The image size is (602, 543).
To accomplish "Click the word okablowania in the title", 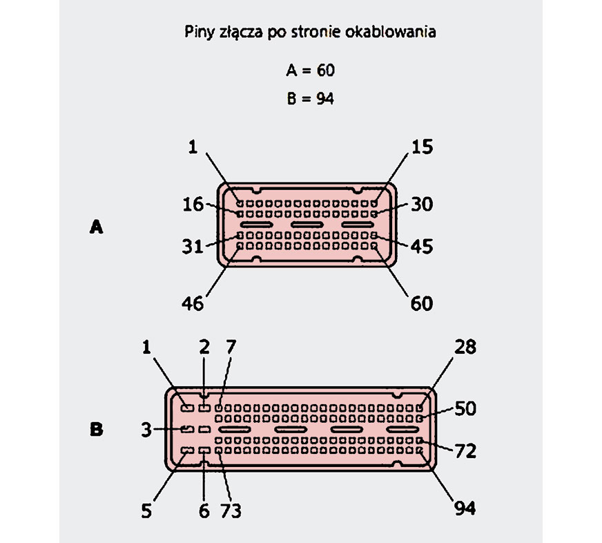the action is tap(390, 32).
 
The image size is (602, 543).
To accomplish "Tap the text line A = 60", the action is tap(310, 70).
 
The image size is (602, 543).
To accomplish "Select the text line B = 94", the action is tap(310, 99).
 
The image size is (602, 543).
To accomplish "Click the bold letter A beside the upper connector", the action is tap(97, 227).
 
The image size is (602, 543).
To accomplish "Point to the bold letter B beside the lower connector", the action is tap(97, 429).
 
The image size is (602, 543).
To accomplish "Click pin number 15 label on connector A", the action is tap(422, 146).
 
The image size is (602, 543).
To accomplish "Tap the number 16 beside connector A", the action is tap(193, 204).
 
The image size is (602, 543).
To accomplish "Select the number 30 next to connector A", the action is tap(422, 204).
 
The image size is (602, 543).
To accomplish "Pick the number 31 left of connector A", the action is tap(193, 247).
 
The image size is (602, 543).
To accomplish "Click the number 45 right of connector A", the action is tap(422, 247).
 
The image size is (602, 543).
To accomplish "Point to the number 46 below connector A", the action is tap(193, 303).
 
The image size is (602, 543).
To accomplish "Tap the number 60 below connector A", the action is tap(422, 303).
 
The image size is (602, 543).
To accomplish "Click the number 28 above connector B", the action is tap(465, 347).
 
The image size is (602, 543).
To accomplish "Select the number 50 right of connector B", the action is tap(465, 408).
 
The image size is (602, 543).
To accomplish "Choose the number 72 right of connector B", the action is tap(465, 450).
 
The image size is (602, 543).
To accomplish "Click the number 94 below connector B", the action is tap(465, 508).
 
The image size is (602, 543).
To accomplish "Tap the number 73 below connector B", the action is tap(231, 511).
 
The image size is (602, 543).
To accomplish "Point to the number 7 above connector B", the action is tap(231, 347).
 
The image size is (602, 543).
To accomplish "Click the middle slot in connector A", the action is tap(307, 225).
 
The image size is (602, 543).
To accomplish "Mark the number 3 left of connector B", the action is tap(146, 430).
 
